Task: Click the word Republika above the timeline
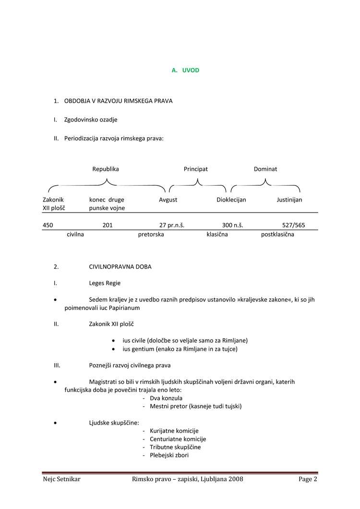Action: (106, 169)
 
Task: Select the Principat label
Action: (196, 169)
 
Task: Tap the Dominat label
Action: (265, 169)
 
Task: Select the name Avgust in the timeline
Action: (168, 200)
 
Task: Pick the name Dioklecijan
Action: (231, 200)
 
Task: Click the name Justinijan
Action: (289, 200)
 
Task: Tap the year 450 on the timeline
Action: (48, 225)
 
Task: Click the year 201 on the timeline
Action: (108, 225)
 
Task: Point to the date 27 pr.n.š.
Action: (172, 225)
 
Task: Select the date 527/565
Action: (294, 225)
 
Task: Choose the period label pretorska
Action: (151, 235)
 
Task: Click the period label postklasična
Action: (278, 235)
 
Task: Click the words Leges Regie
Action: (105, 283)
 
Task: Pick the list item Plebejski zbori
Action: (169, 455)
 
